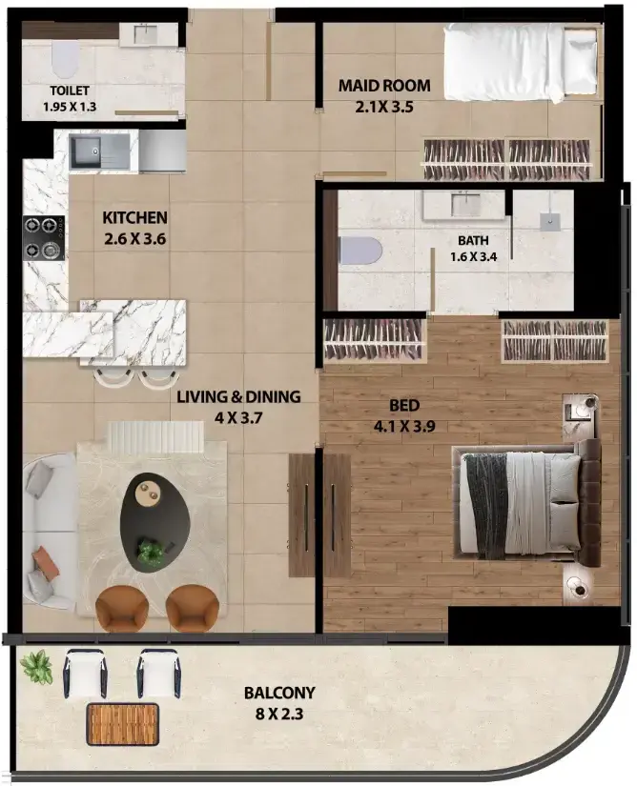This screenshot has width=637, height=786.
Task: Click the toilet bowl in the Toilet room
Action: (66, 59)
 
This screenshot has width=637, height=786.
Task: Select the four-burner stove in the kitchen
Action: (44, 237)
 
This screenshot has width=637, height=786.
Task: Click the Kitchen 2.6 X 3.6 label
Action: (134, 228)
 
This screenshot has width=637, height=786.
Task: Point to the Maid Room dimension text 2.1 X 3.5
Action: (384, 107)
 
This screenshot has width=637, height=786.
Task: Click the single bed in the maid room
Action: (521, 63)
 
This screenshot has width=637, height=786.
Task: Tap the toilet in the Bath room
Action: (360, 251)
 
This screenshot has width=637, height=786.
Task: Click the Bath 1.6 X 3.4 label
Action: (474, 248)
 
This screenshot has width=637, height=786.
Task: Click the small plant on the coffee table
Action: (150, 551)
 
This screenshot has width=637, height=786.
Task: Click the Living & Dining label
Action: (238, 396)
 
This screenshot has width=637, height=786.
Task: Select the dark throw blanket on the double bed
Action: (486, 506)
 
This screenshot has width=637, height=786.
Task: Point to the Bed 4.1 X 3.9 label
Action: (404, 415)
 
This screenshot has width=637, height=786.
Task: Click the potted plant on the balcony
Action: (36, 666)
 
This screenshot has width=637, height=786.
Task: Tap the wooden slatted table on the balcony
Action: (123, 724)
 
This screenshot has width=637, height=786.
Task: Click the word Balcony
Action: (279, 693)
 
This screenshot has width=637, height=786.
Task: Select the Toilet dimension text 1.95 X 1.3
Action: (70, 107)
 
